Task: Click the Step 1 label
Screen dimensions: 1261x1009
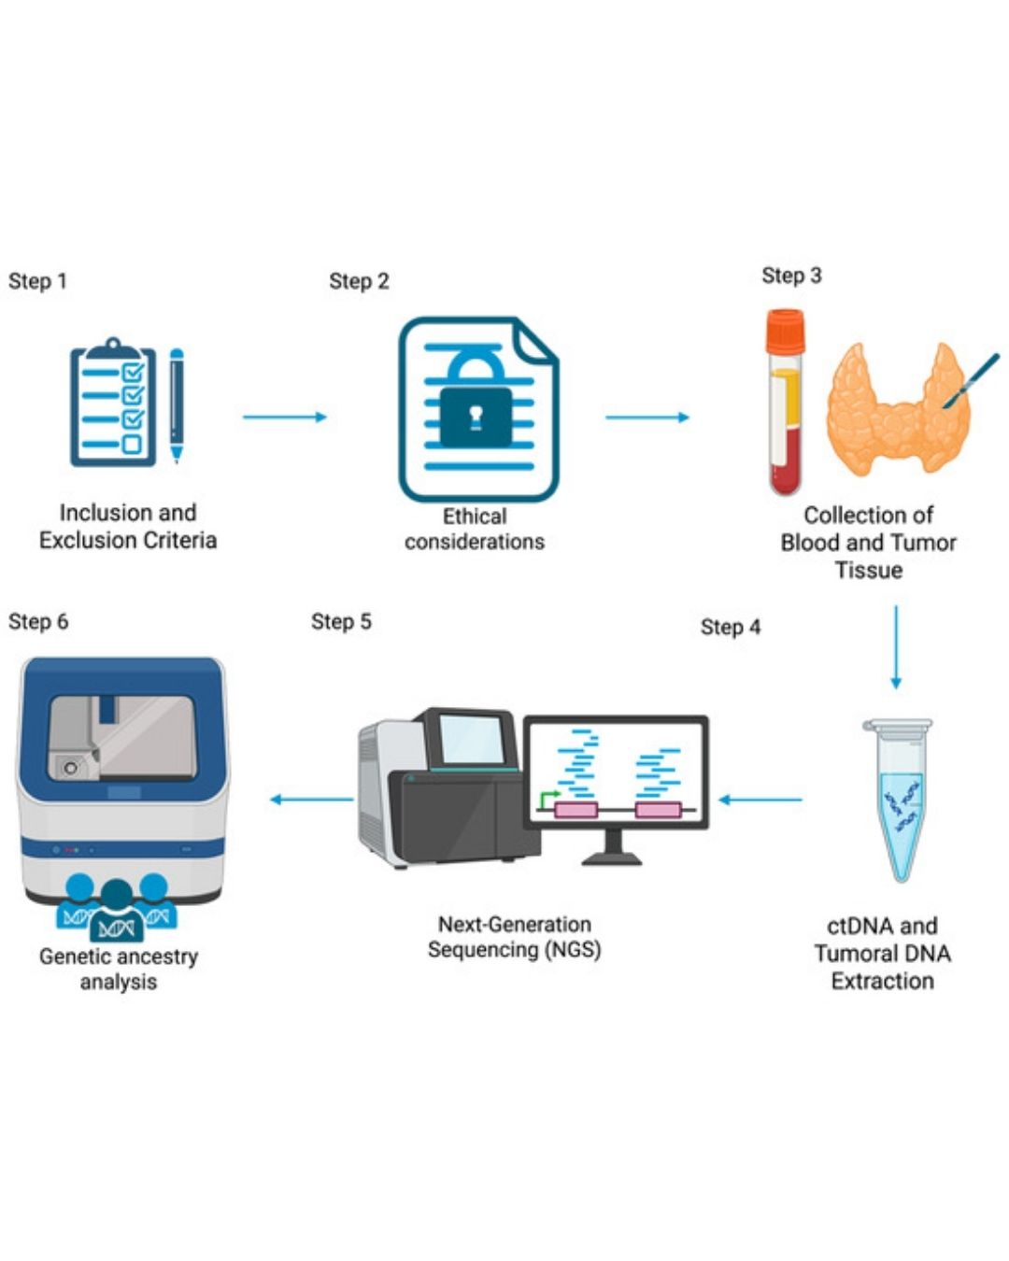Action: point(37,281)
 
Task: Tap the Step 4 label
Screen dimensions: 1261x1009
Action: point(731,627)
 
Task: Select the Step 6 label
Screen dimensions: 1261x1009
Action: point(38,621)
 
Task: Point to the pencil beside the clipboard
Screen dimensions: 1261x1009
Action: point(177,404)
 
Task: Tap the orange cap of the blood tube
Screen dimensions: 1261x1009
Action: point(785,330)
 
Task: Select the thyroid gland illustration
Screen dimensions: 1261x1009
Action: point(897,411)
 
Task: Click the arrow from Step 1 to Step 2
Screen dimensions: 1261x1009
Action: point(285,417)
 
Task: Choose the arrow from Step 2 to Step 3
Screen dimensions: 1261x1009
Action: point(647,417)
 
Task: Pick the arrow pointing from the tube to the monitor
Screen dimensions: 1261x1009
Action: point(760,800)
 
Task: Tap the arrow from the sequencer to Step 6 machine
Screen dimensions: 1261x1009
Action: point(311,799)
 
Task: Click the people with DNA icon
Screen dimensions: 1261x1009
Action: point(117,909)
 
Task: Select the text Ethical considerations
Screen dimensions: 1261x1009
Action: point(475,529)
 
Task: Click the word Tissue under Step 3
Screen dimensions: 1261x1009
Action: point(868,570)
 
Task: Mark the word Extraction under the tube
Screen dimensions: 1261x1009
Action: point(882,981)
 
